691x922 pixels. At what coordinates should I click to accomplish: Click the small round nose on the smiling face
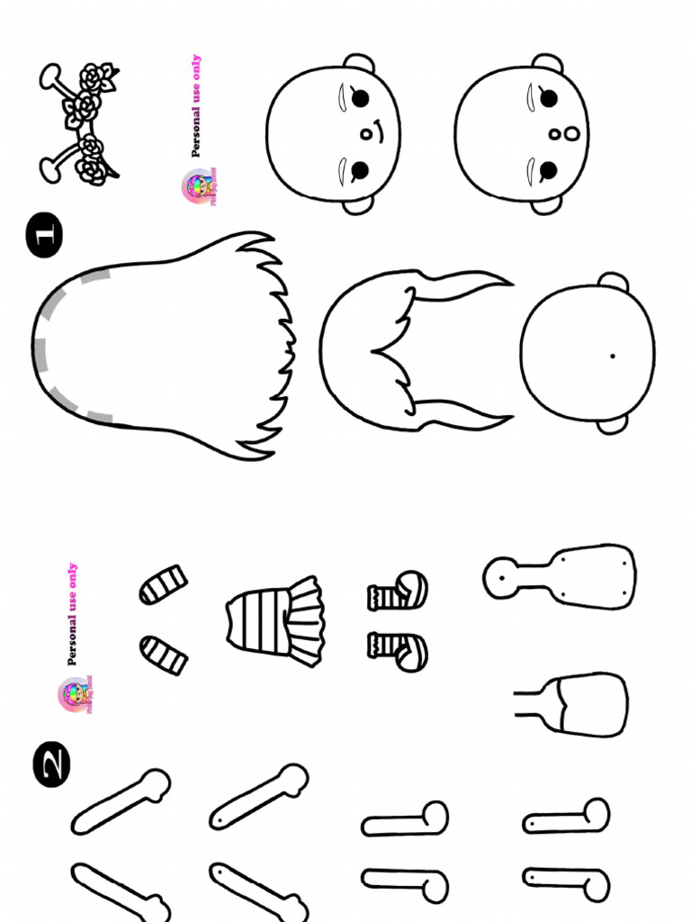coord(366,134)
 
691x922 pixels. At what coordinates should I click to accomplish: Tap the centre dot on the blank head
coord(612,356)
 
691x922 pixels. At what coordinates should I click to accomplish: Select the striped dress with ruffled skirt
coord(275,620)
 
